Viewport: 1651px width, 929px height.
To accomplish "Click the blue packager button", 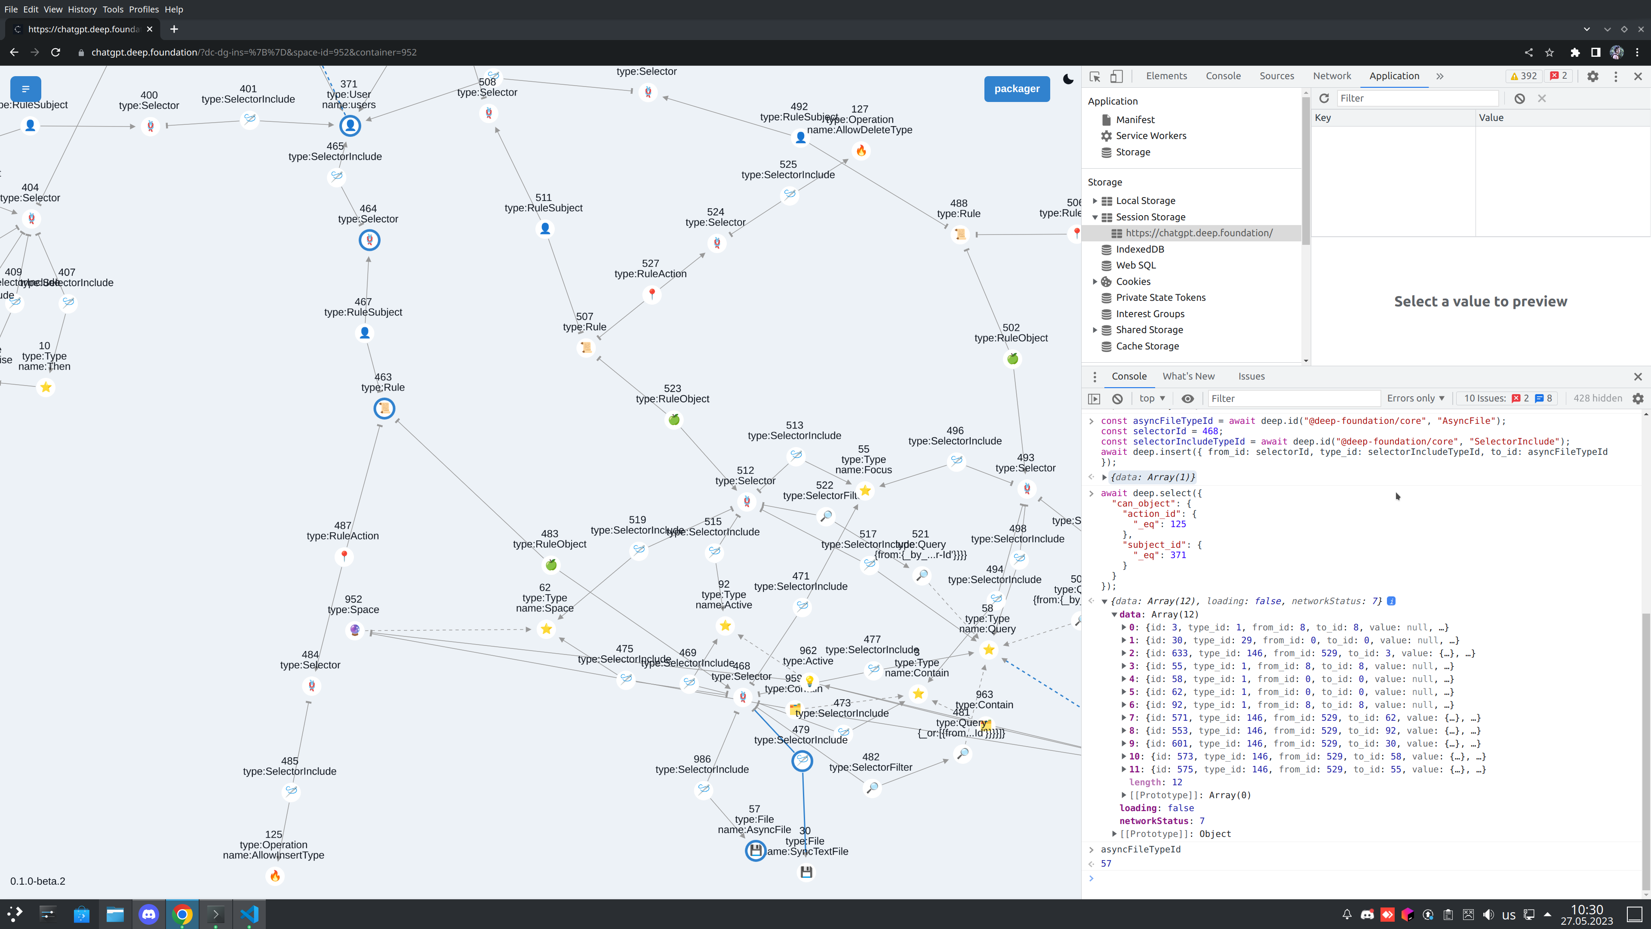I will (1017, 89).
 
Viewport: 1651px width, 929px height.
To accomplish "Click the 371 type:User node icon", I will (350, 126).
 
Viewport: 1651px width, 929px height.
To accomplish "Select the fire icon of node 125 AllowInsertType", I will (275, 876).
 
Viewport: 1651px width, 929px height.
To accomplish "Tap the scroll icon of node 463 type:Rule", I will (384, 408).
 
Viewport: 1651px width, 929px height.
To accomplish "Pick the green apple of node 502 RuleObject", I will (1013, 359).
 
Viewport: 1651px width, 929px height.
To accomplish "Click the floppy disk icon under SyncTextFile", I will (806, 872).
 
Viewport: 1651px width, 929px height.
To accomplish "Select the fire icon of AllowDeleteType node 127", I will (861, 151).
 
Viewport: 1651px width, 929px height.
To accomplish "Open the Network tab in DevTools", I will (1331, 76).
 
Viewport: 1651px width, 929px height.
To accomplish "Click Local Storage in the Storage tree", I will (1145, 201).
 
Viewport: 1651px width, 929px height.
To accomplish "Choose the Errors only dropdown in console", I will (1415, 398).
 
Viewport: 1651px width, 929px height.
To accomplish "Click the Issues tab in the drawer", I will (1251, 377).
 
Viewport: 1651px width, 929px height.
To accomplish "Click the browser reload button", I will (56, 52).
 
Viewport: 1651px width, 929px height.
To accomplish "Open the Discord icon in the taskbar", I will (149, 914).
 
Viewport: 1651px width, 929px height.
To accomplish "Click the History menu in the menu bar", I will (82, 9).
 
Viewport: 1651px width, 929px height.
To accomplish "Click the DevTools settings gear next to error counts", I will (1593, 76).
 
